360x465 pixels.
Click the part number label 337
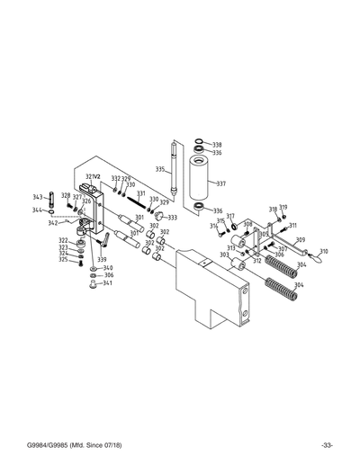click(x=220, y=183)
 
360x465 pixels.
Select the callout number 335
click(x=159, y=169)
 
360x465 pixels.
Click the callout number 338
click(x=217, y=145)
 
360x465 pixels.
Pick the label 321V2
click(x=93, y=176)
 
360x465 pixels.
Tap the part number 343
click(x=38, y=196)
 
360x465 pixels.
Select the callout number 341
click(x=107, y=283)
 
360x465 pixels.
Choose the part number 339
click(x=102, y=259)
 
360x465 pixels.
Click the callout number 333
click(x=172, y=217)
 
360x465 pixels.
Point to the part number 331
click(x=141, y=193)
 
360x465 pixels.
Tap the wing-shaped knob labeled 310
click(x=313, y=257)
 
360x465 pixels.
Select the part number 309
click(x=301, y=240)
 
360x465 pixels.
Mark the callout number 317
click(x=230, y=216)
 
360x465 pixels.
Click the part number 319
click(x=283, y=208)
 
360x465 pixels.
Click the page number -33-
click(x=327, y=446)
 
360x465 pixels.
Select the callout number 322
click(x=63, y=240)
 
